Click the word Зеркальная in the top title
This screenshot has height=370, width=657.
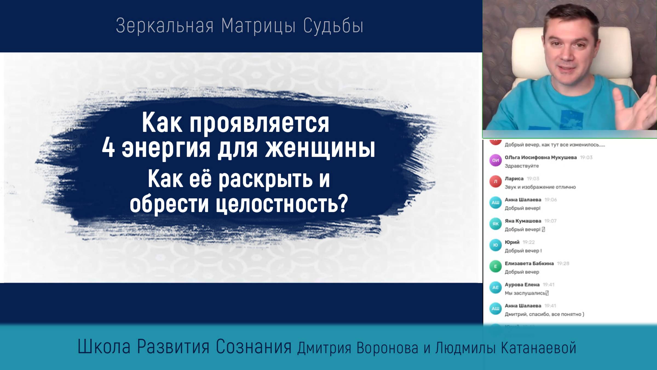165,26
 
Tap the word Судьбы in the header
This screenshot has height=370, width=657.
333,26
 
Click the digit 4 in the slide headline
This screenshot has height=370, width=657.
108,149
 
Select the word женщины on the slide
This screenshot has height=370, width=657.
320,149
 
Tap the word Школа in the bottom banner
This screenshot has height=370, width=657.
104,347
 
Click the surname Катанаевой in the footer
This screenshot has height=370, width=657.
539,348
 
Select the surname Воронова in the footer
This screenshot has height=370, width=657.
387,348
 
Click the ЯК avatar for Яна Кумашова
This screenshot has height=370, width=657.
495,224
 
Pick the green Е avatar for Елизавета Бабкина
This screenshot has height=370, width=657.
495,266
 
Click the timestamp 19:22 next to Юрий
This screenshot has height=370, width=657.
528,242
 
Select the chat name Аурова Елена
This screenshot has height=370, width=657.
522,285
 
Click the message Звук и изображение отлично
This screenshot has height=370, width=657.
540,187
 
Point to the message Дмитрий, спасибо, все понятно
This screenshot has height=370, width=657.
544,314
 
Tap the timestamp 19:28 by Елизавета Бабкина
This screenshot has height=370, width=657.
563,264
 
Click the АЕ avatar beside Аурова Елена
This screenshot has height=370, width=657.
495,288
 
